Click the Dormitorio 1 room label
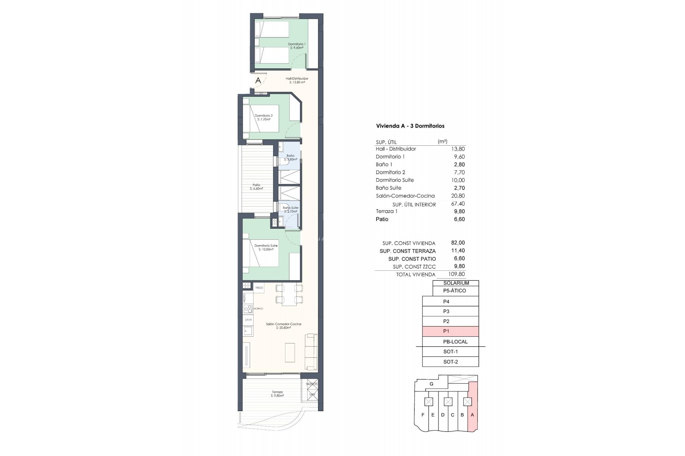[x=296, y=46]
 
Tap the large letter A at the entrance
[x=258, y=81]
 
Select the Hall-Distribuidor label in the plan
[x=297, y=80]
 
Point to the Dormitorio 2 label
[x=264, y=117]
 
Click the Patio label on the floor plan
[x=256, y=187]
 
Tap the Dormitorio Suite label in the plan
[x=266, y=247]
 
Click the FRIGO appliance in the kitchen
[x=259, y=288]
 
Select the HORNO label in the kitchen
[x=258, y=309]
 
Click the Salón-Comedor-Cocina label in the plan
[x=283, y=326]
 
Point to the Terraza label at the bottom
[x=277, y=394]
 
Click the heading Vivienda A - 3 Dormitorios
[x=410, y=126]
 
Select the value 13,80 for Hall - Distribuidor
[x=458, y=149]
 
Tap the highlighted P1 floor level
[x=450, y=331]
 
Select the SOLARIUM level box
[x=456, y=283]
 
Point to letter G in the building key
[x=431, y=384]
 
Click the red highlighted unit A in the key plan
[x=472, y=415]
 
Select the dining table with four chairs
[x=289, y=294]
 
